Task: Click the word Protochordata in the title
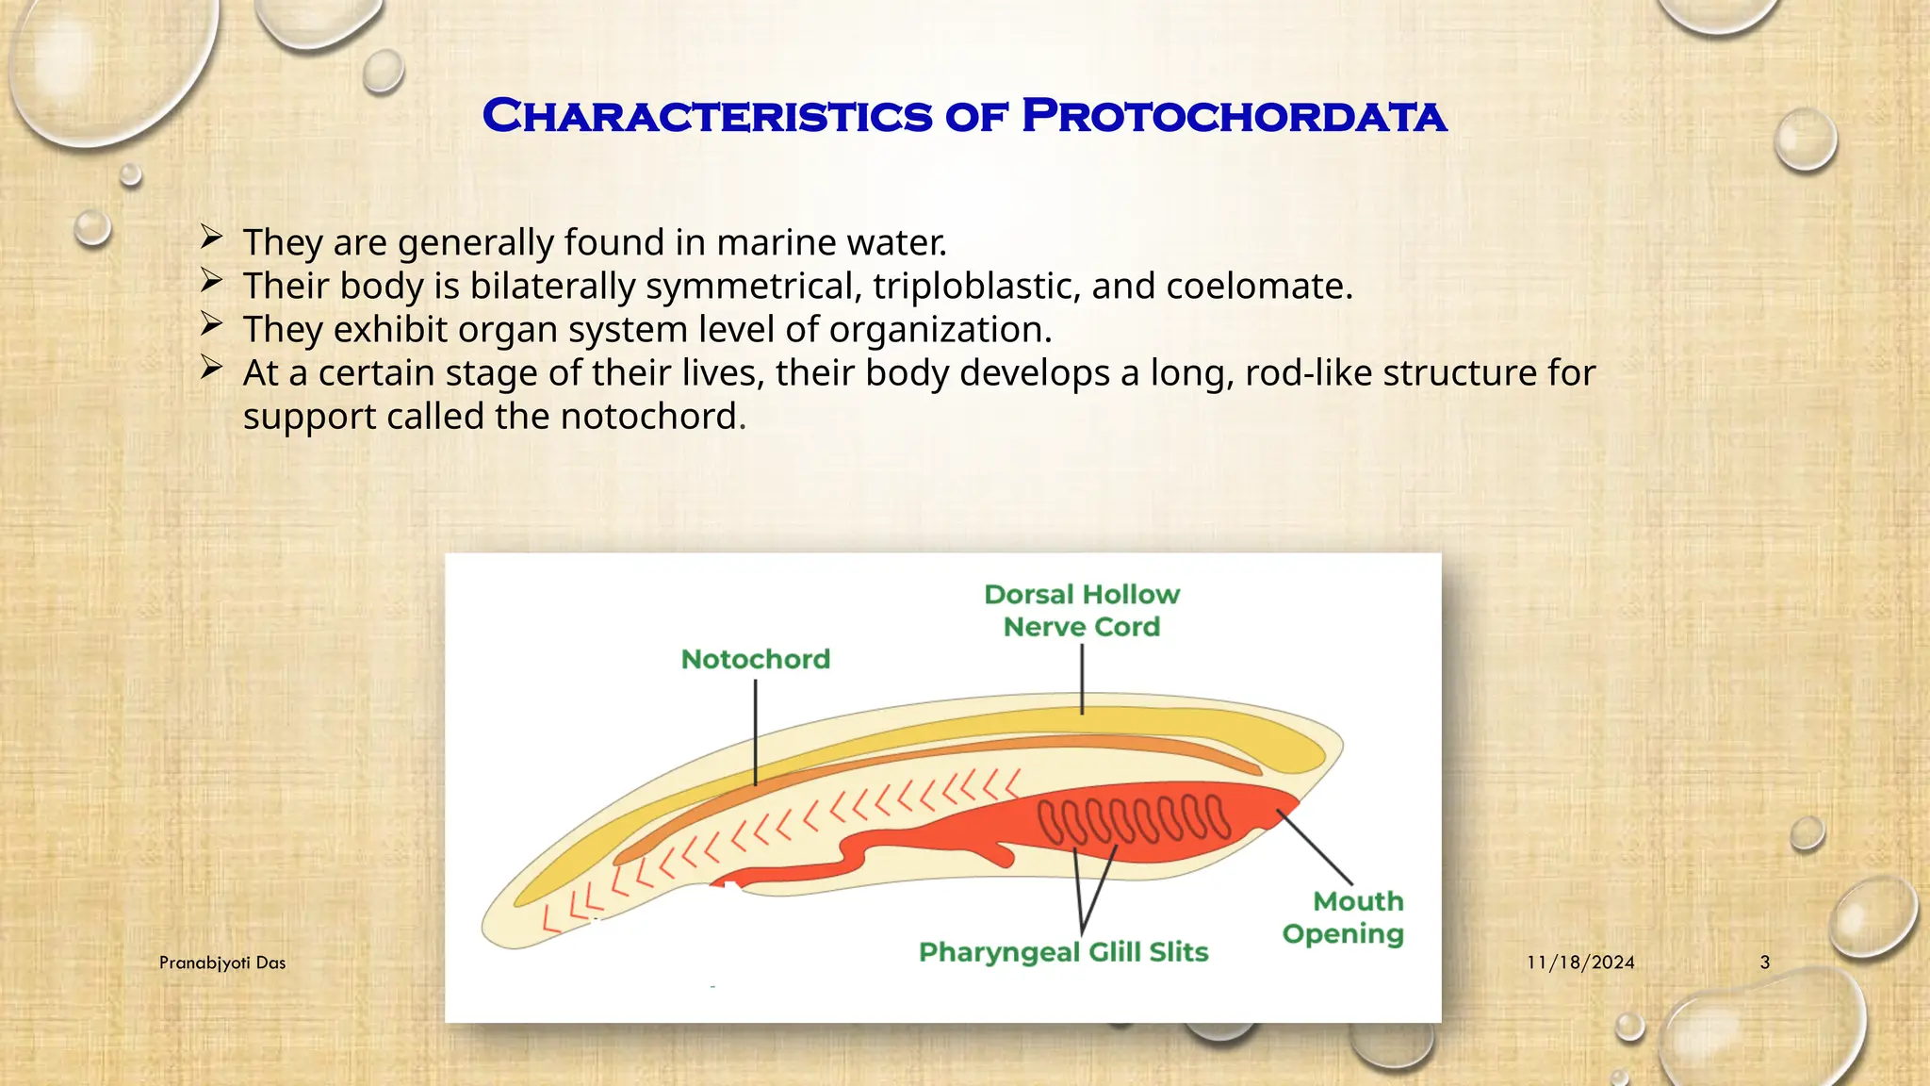point(1234,116)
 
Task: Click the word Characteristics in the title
point(707,116)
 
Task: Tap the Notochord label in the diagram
point(756,659)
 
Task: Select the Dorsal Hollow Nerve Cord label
point(1082,610)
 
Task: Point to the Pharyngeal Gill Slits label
point(1063,952)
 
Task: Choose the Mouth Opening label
point(1343,917)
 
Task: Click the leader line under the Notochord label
point(756,732)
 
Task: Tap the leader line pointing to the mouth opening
point(1315,847)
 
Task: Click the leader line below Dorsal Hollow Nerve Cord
point(1082,679)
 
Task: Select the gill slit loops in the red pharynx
point(1134,818)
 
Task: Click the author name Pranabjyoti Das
point(222,963)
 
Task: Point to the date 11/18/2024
point(1580,963)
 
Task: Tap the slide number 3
point(1765,963)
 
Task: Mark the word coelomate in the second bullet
point(1259,287)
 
